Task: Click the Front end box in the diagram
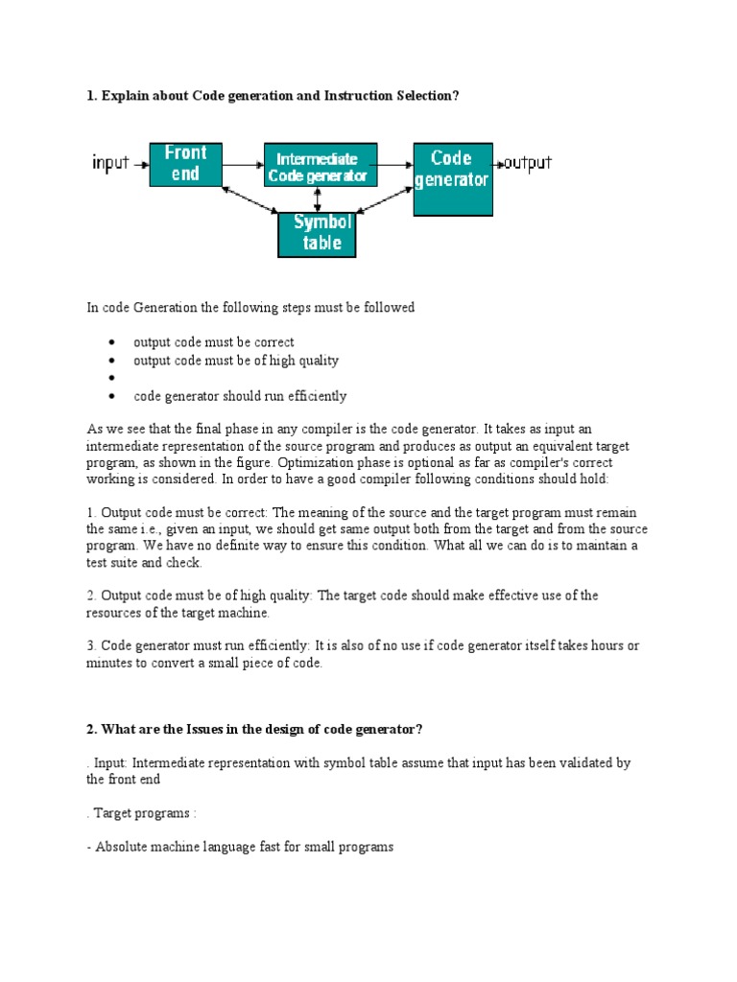(185, 163)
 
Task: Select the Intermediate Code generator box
(321, 165)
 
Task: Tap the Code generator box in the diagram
(453, 179)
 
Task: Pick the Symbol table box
(317, 233)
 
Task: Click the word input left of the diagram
(109, 163)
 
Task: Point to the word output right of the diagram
(528, 162)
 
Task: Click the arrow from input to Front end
(140, 164)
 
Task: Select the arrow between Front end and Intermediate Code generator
(243, 164)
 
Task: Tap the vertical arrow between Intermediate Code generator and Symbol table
(318, 199)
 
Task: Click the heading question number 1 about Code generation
(266, 96)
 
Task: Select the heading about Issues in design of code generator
(254, 730)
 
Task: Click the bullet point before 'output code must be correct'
(113, 342)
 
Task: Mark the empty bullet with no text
(113, 379)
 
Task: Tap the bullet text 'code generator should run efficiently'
(240, 396)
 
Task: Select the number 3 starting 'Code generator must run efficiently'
(90, 645)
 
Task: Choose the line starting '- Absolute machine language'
(240, 848)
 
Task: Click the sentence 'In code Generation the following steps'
(250, 308)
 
